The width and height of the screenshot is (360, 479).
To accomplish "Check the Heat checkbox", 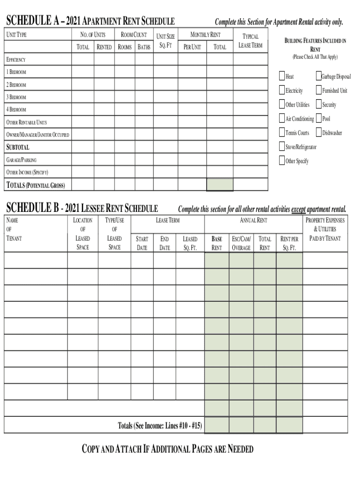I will coord(282,76).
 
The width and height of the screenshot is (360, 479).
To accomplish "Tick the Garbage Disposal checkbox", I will coord(319,76).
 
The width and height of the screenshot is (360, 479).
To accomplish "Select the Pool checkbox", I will coord(319,118).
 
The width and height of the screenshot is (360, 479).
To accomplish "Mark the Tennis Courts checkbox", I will coord(282,132).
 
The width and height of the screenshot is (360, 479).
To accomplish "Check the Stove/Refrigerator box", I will coord(282,146).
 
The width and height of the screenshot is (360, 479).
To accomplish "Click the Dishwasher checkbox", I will coord(319,132).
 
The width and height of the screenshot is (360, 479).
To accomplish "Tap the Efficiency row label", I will coord(16,60).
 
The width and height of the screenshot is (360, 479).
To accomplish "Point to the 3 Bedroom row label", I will coord(16,97).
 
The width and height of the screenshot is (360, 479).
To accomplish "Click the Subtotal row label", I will coord(17,147).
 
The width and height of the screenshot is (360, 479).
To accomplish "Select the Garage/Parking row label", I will coord(21,160).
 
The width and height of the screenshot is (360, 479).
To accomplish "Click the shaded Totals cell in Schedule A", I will coord(220,185).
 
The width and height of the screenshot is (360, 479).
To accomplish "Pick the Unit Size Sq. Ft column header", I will coord(166,41).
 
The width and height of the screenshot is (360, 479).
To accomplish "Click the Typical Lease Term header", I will coord(251,41).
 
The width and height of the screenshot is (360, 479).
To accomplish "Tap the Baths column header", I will coord(144,47).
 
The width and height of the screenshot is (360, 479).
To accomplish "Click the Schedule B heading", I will coord(81,209).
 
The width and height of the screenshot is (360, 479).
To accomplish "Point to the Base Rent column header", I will coord(217,243).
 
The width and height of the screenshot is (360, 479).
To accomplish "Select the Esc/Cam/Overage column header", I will coord(241,243).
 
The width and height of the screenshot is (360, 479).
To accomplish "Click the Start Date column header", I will coord(142,243).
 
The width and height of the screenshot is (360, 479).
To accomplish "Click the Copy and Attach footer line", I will coord(167,450).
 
